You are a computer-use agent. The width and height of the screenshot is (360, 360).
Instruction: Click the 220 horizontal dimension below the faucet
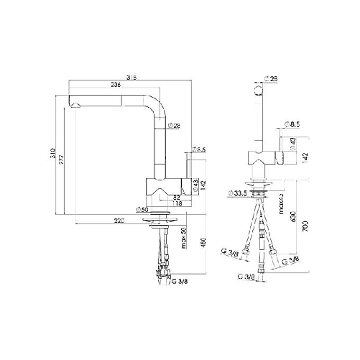(119, 219)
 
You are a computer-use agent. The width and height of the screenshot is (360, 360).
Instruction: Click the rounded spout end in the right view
(260, 91)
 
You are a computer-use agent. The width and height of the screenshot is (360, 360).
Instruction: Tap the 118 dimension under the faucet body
(177, 203)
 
